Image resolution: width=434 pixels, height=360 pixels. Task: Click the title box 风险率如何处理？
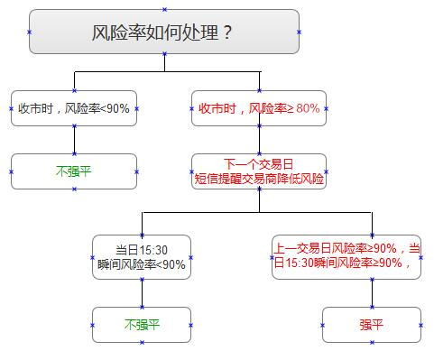pos(163,32)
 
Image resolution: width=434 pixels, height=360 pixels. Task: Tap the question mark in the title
pos(227,33)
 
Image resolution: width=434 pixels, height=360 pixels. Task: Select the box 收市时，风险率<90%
pos(74,108)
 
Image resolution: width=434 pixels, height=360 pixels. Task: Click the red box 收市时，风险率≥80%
pos(259,108)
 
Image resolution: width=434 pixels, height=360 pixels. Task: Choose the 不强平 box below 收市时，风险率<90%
pos(74,171)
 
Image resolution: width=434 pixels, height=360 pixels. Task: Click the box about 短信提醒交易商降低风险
pos(259,171)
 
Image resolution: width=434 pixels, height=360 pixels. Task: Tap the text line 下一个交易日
pos(259,163)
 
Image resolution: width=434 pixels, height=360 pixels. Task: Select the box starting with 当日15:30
pos(142,257)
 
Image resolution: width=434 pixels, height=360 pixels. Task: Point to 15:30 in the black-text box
pos(153,251)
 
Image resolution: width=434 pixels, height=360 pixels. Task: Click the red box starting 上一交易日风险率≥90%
pos(346,257)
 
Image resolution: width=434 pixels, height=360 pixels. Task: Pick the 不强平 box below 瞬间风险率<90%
pos(142,325)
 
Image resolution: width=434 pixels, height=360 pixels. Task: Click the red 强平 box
pos(371,325)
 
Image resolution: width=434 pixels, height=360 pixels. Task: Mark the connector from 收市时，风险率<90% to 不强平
pos(74,140)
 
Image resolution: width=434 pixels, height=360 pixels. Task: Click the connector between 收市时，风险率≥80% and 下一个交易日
pos(259,140)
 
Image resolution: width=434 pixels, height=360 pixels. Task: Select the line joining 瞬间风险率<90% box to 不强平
pos(142,293)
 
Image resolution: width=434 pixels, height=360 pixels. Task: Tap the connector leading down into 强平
pos(371,293)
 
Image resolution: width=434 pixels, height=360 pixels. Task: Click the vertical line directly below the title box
pos(163,62)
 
